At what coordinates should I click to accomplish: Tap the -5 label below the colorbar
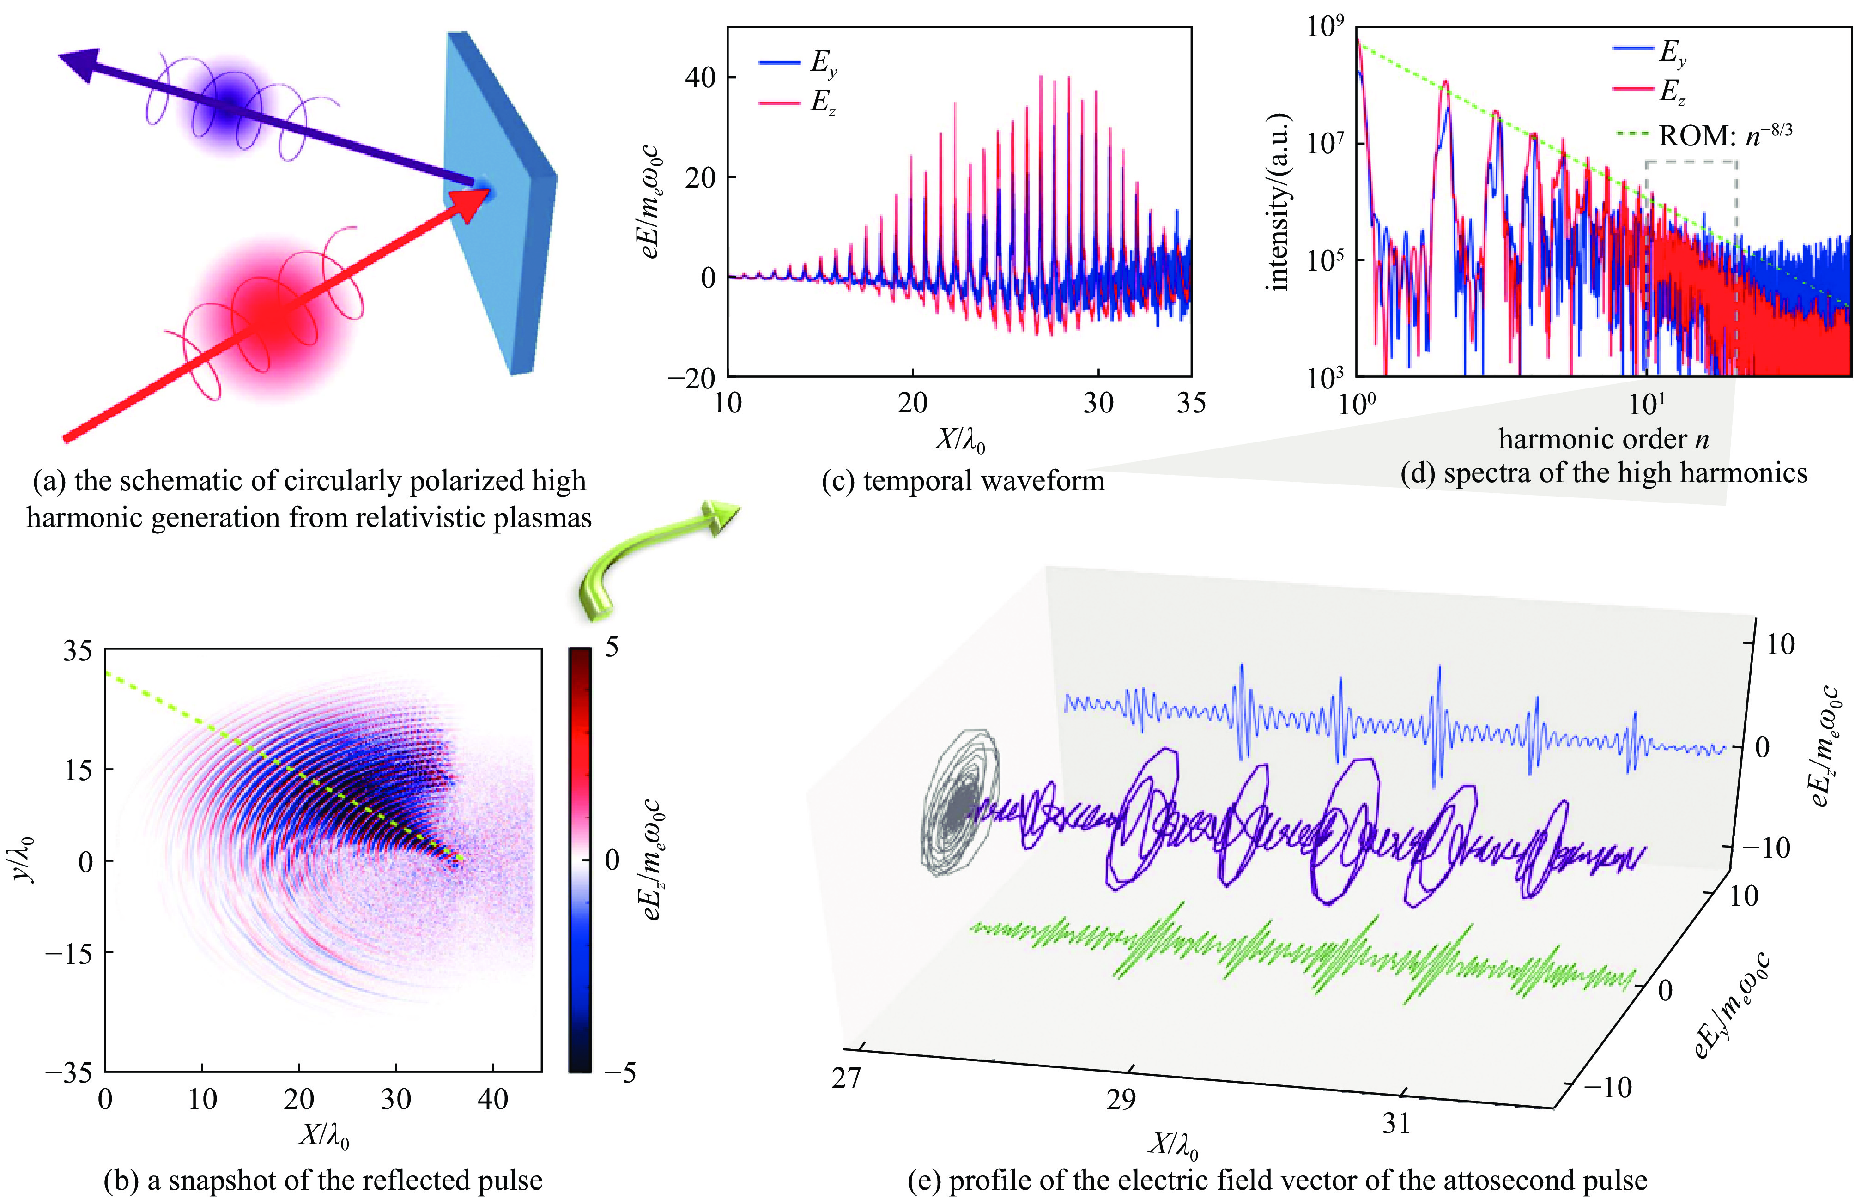(x=619, y=1073)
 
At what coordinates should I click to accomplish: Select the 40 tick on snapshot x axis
(x=493, y=1099)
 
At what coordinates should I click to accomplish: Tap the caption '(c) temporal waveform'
(x=963, y=481)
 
